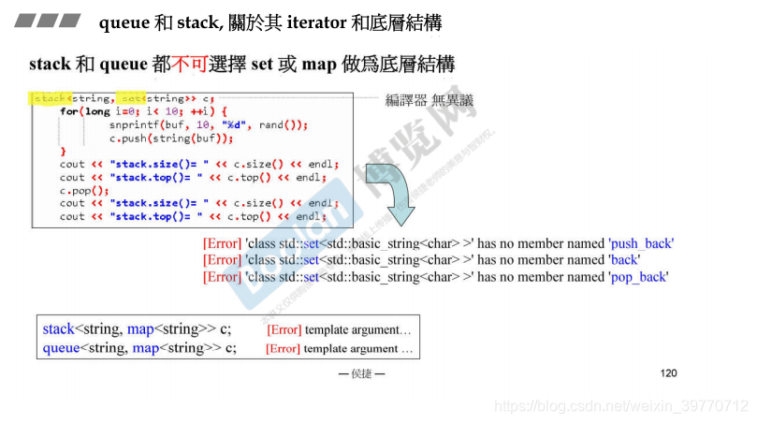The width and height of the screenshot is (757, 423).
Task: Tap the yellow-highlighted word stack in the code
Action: pyautogui.click(x=50, y=98)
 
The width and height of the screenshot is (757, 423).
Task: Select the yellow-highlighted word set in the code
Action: pyautogui.click(x=132, y=98)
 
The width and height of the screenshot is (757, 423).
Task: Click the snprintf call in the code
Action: pyautogui.click(x=138, y=124)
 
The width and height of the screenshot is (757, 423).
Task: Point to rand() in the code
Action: pyautogui.click(x=283, y=124)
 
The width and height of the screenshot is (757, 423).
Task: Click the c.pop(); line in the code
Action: pyautogui.click(x=84, y=190)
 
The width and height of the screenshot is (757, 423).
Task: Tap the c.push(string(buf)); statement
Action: pyautogui.click(x=171, y=138)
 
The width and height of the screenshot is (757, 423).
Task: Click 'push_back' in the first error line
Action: pyautogui.click(x=640, y=243)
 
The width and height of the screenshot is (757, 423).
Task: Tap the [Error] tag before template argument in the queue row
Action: pyautogui.click(x=283, y=348)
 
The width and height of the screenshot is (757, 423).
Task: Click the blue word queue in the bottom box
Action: pyautogui.click(x=63, y=348)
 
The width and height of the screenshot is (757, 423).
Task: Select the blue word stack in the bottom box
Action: pyautogui.click(x=58, y=329)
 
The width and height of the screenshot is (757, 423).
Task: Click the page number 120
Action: pyautogui.click(x=668, y=373)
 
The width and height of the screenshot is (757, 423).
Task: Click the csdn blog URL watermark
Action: pyautogui.click(x=620, y=406)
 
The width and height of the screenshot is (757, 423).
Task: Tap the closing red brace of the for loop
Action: pyautogui.click(x=64, y=151)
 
